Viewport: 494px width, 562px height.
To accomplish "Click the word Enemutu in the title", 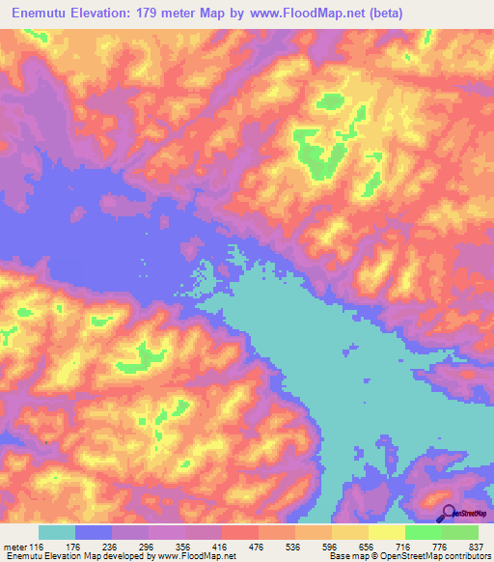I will click(39, 14).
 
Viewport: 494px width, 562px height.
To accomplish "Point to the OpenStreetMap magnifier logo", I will click(448, 514).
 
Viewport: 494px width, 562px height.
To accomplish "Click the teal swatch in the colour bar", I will click(57, 533).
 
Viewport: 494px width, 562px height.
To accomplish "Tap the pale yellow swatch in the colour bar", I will click(386, 533).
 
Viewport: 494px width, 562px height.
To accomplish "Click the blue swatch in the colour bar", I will click(94, 533).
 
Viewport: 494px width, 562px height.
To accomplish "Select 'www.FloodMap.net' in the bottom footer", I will click(191, 556).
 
